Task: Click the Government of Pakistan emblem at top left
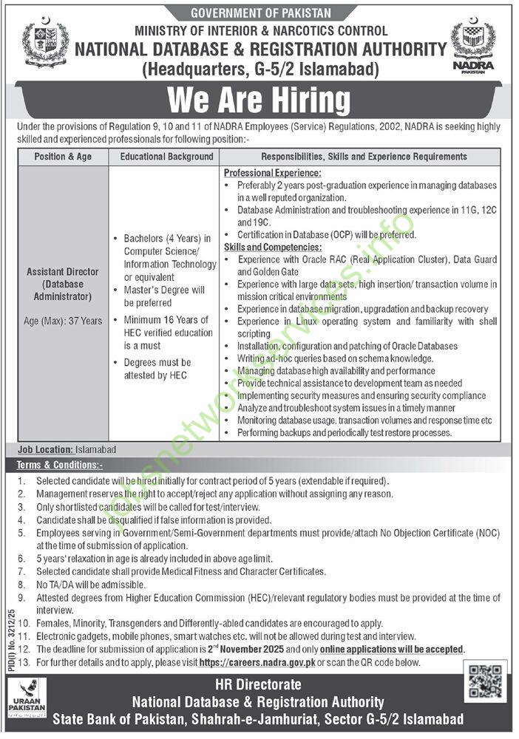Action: pyautogui.click(x=45, y=46)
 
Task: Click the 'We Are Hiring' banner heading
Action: pyautogui.click(x=259, y=99)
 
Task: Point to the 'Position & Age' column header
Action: pyautogui.click(x=62, y=157)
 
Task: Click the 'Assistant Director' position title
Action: pyautogui.click(x=63, y=270)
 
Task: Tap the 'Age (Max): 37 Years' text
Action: pyautogui.click(x=62, y=321)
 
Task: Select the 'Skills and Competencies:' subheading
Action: pyautogui.click(x=273, y=247)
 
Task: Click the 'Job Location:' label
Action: pyautogui.click(x=44, y=449)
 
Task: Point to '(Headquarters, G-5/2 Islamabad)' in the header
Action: pyautogui.click(x=261, y=70)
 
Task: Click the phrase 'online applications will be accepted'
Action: pyautogui.click(x=400, y=650)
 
